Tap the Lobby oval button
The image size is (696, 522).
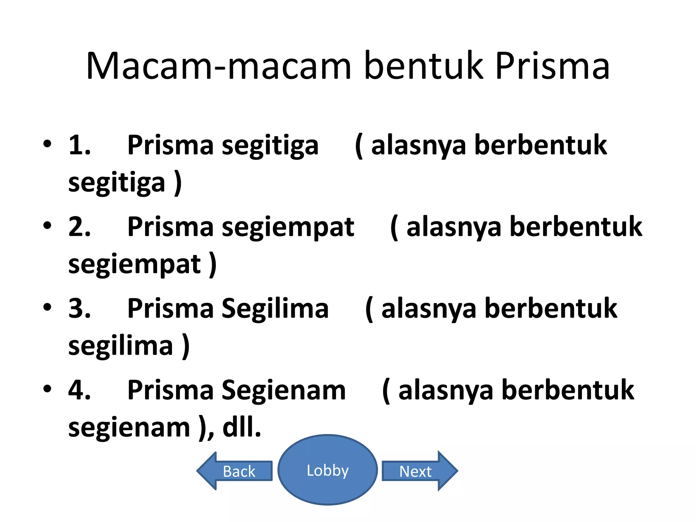pos(328,470)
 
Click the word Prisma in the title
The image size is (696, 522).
pos(552,66)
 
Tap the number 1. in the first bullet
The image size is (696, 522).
pos(80,145)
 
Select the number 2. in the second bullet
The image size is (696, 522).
pos(80,227)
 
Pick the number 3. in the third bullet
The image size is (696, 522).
pos(80,308)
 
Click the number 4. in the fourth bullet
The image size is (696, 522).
pos(80,390)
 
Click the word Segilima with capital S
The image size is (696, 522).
pos(275,308)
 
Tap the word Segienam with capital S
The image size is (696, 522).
pos(284,390)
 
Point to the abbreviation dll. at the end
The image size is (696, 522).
pos(242,427)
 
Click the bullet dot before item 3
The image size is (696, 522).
pos(47,307)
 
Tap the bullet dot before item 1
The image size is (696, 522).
pos(47,144)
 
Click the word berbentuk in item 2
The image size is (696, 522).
pos(576,227)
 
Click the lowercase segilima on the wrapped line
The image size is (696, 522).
pos(121,346)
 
